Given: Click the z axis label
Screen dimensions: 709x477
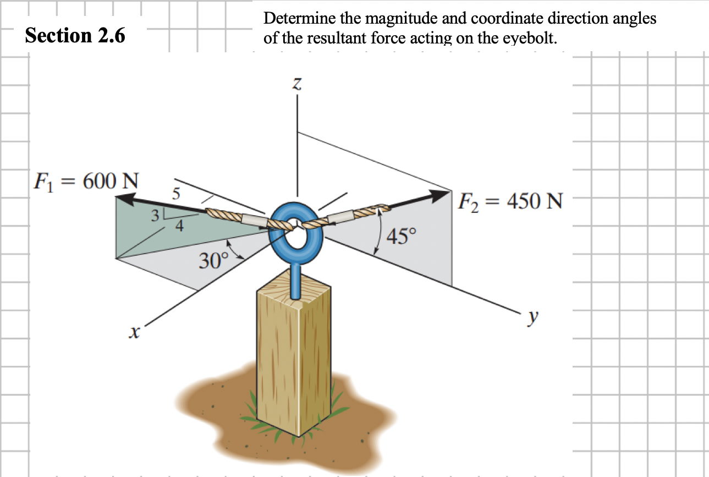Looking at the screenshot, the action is (297, 84).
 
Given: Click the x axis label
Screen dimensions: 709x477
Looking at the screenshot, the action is (133, 331).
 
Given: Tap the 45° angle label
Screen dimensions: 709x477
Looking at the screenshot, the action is (402, 237).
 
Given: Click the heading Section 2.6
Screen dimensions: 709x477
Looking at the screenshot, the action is (75, 35).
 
